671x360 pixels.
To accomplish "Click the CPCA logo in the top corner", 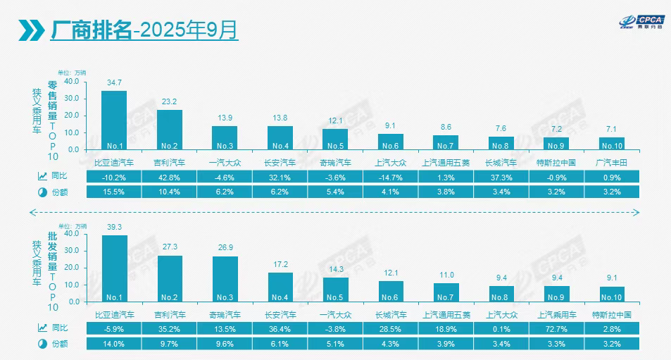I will pyautogui.click(x=636, y=23).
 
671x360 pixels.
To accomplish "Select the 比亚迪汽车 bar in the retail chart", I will pyautogui.click(x=114, y=120).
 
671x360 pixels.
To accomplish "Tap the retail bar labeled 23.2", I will pyautogui.click(x=169, y=130).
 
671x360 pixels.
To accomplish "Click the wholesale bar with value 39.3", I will pyautogui.click(x=115, y=268).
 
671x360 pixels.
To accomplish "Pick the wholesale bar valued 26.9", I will pyautogui.click(x=225, y=278).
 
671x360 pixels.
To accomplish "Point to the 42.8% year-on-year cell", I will pyautogui.click(x=169, y=177).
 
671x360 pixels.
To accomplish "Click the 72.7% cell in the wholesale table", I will pyautogui.click(x=556, y=328).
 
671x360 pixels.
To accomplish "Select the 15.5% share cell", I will pyautogui.click(x=114, y=192).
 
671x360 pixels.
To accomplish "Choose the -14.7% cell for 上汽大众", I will pyautogui.click(x=390, y=177).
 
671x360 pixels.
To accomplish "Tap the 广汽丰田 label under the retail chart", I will pyautogui.click(x=611, y=162).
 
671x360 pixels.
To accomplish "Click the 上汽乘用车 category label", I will pyautogui.click(x=556, y=314).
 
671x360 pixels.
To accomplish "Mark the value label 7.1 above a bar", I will pyautogui.click(x=611, y=129).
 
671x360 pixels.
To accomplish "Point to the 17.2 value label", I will pyautogui.click(x=280, y=264).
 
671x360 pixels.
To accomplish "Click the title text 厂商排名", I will pyautogui.click(x=91, y=30).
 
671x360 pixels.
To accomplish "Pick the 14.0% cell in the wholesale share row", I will pyautogui.click(x=114, y=343).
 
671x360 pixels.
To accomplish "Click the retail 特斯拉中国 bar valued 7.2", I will pyautogui.click(x=556, y=143).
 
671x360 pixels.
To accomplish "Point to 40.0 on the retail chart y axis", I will pyautogui.click(x=72, y=80).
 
